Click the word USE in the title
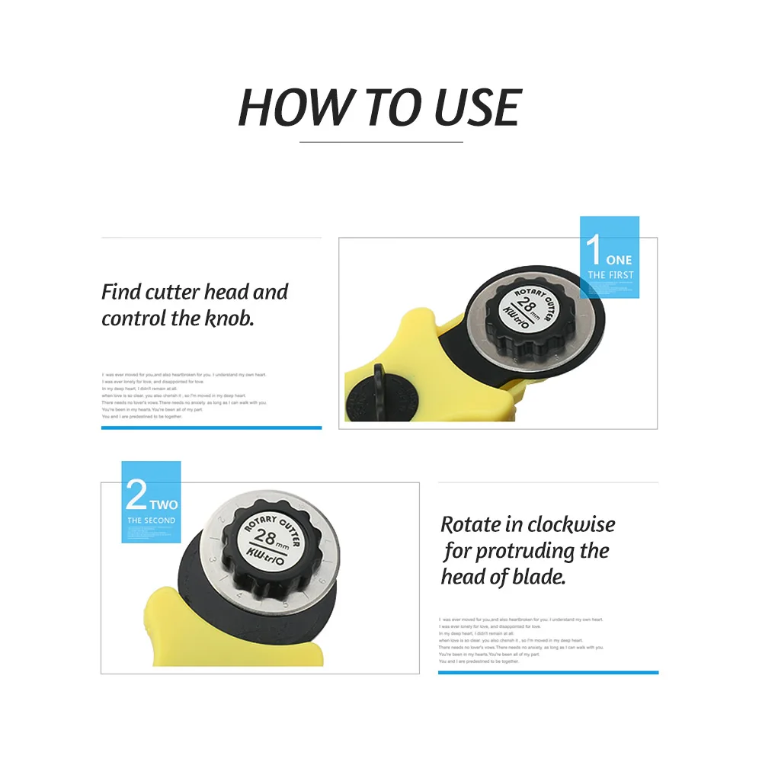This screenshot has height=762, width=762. pyautogui.click(x=477, y=107)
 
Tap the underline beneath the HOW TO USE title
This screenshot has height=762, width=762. pyautogui.click(x=381, y=142)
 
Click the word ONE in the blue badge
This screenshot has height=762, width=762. pyautogui.click(x=619, y=260)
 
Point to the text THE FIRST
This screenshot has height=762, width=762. pyautogui.click(x=610, y=275)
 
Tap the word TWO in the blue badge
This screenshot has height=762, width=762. pyautogui.click(x=163, y=504)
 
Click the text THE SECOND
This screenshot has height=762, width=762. pyautogui.click(x=151, y=520)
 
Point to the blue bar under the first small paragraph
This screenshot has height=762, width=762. pyautogui.click(x=211, y=427)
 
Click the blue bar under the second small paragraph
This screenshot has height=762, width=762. pyautogui.click(x=548, y=672)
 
